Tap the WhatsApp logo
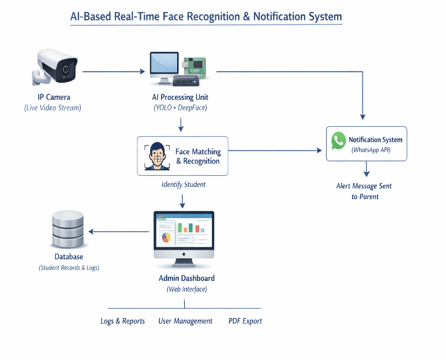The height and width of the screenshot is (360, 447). (x=338, y=142)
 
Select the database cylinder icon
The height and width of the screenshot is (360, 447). (x=67, y=230)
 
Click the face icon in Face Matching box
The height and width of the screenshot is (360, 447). (x=157, y=156)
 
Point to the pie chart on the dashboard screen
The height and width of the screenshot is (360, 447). (x=166, y=238)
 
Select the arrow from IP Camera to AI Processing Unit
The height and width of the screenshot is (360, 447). (x=114, y=71)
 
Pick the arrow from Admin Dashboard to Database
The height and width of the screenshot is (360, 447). (x=119, y=232)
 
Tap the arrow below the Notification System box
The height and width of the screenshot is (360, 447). (x=366, y=169)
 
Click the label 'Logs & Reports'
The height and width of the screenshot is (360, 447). (x=123, y=321)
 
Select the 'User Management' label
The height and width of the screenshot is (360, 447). (x=185, y=321)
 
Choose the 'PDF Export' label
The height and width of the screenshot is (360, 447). (x=245, y=321)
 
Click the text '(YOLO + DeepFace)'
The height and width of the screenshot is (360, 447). (x=180, y=108)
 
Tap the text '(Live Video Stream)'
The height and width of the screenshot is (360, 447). (x=53, y=108)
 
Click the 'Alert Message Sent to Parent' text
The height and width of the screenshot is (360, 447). (x=364, y=191)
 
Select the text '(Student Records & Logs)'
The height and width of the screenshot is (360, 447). (x=69, y=268)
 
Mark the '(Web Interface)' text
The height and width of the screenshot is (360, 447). (x=187, y=289)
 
